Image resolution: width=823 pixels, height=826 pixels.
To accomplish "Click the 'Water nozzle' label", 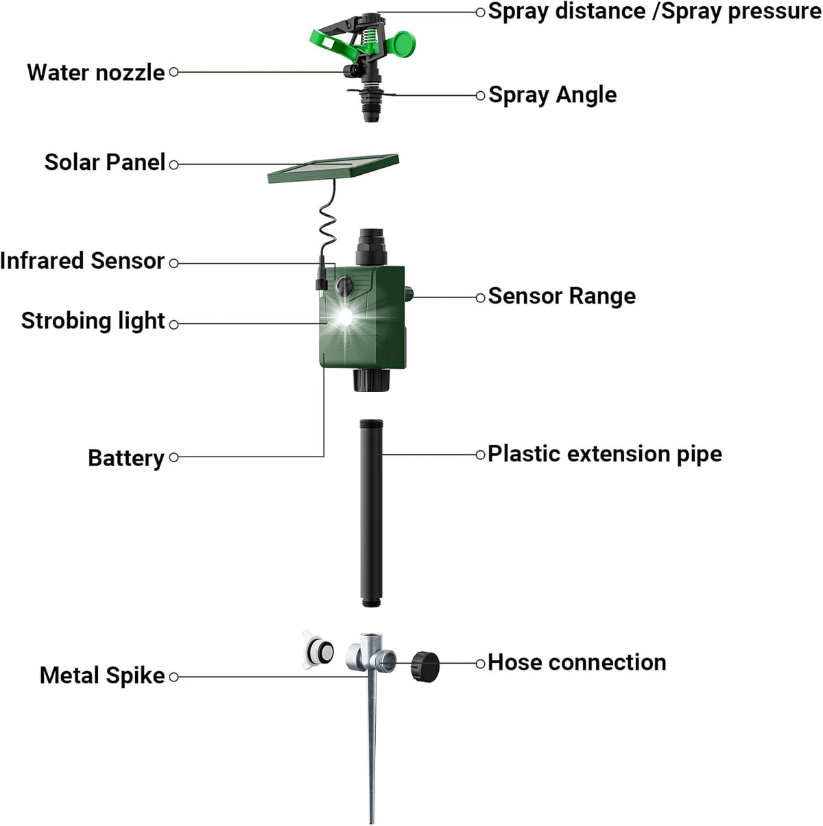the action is (x=95, y=73).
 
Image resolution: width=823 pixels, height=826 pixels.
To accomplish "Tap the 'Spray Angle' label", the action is (x=552, y=95).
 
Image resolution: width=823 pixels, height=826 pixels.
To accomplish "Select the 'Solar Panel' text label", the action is (x=105, y=162).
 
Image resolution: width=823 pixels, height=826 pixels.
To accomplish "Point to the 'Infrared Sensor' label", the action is (x=82, y=260).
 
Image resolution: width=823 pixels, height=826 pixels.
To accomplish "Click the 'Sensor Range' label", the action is (x=562, y=295).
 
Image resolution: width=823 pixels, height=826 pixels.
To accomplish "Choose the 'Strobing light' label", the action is (x=93, y=321).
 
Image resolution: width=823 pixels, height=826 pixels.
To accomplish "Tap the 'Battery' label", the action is (x=126, y=458).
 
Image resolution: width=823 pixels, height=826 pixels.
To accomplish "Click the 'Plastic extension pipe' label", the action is (x=605, y=454).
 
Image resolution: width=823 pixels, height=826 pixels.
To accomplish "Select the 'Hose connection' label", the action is (x=577, y=662).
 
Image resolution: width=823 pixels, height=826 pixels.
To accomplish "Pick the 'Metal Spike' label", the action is (x=102, y=675).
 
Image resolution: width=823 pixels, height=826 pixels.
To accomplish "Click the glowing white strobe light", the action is (x=345, y=317).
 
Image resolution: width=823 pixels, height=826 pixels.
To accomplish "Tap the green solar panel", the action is (x=333, y=169).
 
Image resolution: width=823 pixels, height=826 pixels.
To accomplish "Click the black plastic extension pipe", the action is (x=371, y=513).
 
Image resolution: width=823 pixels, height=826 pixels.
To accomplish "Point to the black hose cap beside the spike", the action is (x=425, y=666).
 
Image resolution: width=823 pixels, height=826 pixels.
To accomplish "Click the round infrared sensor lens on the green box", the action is (x=344, y=284).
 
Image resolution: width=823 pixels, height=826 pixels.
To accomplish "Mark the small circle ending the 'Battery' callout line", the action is (x=174, y=457).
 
